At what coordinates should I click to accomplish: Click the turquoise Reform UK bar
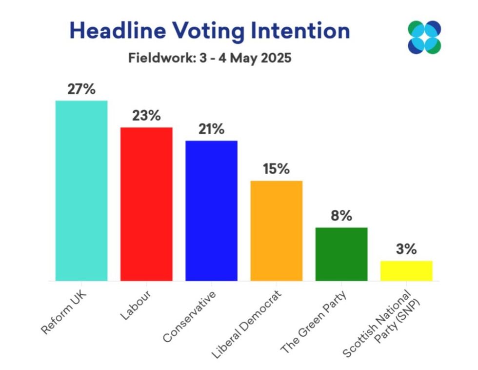pyautogui.click(x=81, y=190)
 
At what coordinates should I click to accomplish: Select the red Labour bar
pyautogui.click(x=146, y=204)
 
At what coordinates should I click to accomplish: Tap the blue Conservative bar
pyautogui.click(x=211, y=210)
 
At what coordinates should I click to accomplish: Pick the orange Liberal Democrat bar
pyautogui.click(x=276, y=230)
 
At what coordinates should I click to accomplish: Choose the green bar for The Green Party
pyautogui.click(x=341, y=254)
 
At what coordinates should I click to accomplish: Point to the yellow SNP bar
pyautogui.click(x=406, y=270)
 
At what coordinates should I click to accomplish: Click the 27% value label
pyautogui.click(x=81, y=90)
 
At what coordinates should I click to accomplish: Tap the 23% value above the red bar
pyautogui.click(x=146, y=116)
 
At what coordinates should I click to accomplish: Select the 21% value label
pyautogui.click(x=211, y=129)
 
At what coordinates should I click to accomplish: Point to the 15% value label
pyautogui.click(x=276, y=169)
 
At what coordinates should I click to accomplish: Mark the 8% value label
pyautogui.click(x=341, y=216)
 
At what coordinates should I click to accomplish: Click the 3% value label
pyautogui.click(x=406, y=249)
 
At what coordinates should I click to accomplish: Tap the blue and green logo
pyautogui.click(x=424, y=37)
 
